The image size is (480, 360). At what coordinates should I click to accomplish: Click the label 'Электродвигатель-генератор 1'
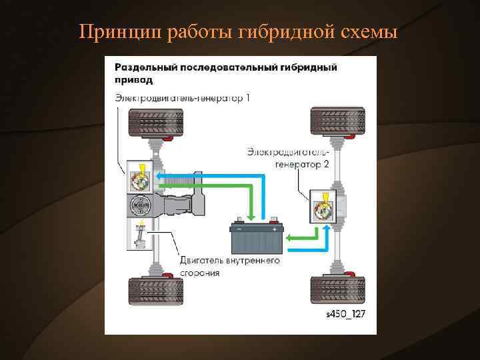[182, 99]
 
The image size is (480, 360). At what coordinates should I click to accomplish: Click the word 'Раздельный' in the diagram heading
[142, 67]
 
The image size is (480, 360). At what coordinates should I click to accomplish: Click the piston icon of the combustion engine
[139, 234]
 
